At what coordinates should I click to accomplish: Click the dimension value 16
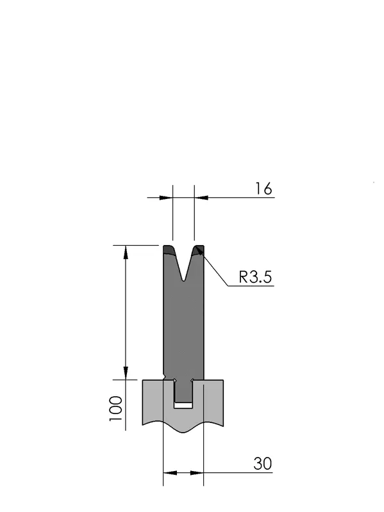tap(263, 189)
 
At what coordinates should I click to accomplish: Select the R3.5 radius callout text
tap(255, 277)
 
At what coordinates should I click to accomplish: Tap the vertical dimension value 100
tap(116, 408)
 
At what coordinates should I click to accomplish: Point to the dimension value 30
tap(262, 463)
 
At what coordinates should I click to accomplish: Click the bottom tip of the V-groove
tap(184, 280)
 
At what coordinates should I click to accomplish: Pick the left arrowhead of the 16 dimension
tap(166, 198)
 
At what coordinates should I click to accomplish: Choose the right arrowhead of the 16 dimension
tap(201, 198)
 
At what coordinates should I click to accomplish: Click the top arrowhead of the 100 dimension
tap(126, 252)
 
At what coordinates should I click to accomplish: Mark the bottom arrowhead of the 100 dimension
tap(126, 373)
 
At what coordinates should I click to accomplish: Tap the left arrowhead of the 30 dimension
tap(170, 472)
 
